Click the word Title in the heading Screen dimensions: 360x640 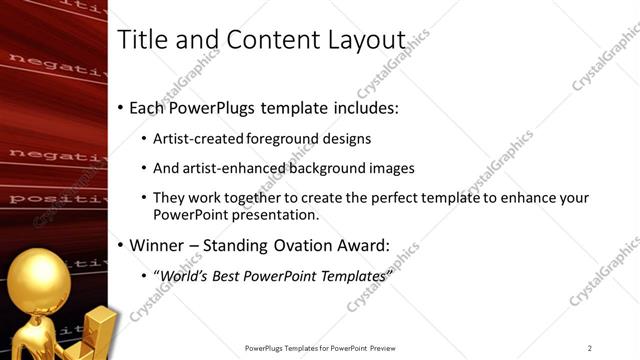(141, 40)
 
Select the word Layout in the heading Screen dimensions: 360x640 (367, 40)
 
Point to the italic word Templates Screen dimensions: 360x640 (349, 275)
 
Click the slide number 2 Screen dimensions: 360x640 (589, 348)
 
